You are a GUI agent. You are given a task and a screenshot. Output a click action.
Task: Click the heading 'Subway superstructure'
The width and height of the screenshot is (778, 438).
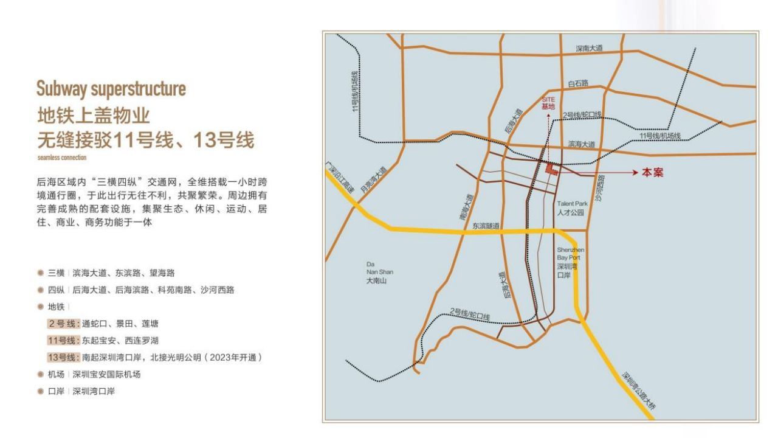[111, 89]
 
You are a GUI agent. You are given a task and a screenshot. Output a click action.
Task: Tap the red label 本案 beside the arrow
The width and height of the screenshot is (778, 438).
[652, 173]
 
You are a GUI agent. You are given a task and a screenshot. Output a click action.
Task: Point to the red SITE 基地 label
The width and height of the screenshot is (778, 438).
[548, 102]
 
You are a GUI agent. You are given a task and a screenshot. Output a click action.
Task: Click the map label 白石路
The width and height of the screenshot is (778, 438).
[578, 83]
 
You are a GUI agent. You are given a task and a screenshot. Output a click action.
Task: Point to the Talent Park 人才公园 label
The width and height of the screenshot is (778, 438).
[570, 209]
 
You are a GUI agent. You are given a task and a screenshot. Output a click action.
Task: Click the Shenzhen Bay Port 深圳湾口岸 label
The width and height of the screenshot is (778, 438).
[570, 262]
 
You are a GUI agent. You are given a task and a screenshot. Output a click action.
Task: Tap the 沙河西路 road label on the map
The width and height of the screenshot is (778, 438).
[600, 190]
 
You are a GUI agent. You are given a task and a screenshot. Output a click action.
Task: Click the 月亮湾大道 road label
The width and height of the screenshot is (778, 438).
[373, 181]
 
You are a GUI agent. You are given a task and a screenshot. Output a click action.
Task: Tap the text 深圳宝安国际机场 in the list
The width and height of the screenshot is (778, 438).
[106, 374]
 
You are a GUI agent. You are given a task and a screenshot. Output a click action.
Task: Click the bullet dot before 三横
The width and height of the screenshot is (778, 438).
[40, 273]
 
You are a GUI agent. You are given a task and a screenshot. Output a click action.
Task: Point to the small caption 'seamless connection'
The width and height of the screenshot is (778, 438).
[61, 158]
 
